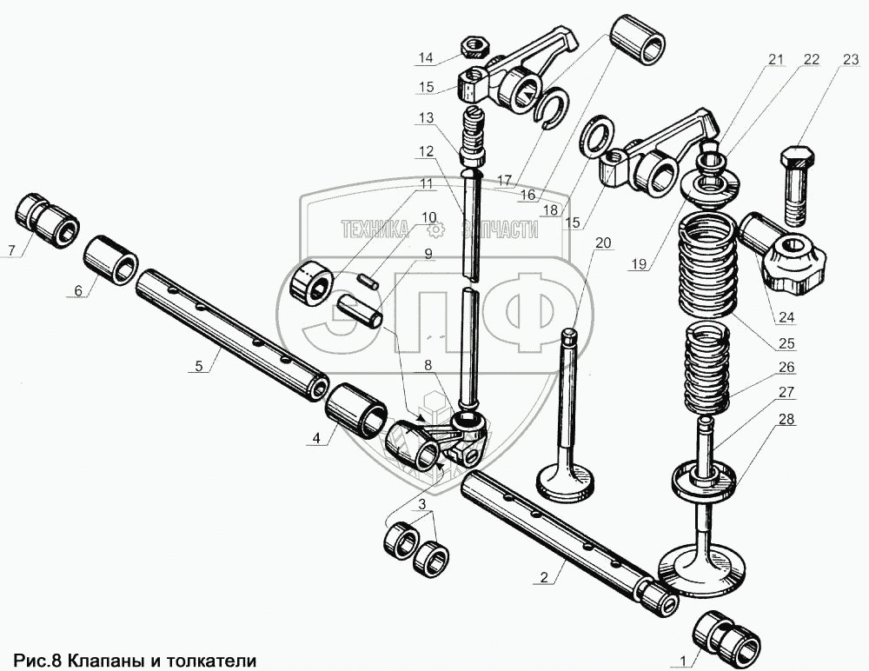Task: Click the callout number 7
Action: coord(11,251)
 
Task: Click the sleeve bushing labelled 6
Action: coord(112,260)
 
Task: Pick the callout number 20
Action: coord(603,242)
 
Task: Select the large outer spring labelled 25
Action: coord(709,264)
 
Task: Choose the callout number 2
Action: coord(543,579)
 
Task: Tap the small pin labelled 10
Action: coord(368,281)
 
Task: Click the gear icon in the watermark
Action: coord(437,229)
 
